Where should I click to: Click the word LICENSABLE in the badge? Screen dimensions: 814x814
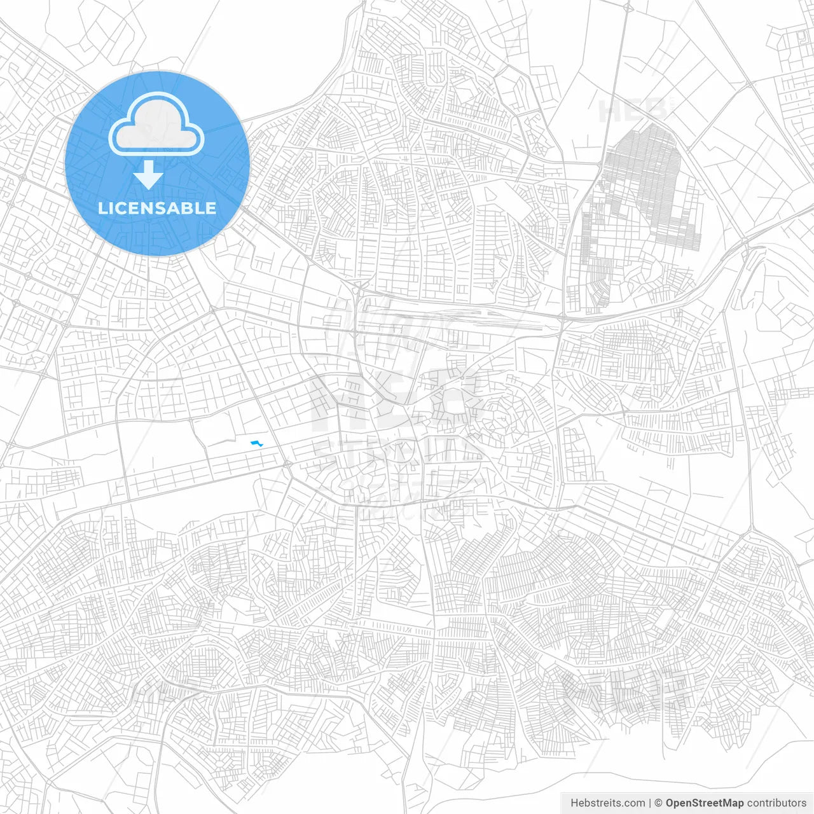pos(157,209)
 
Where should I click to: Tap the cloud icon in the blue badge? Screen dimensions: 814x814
pos(156,124)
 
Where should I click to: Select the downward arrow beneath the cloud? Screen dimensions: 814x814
pos(149,175)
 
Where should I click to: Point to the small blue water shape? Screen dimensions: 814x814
pos(257,443)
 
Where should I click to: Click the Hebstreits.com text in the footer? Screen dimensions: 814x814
pos(607,803)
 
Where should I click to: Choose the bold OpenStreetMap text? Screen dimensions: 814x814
pos(704,803)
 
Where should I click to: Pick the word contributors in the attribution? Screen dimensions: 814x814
pos(776,803)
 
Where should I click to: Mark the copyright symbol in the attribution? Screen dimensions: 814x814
pos(659,803)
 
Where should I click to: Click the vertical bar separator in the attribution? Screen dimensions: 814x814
pos(650,803)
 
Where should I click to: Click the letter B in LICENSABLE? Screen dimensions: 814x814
pos(190,209)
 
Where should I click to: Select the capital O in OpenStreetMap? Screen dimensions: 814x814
pos(670,803)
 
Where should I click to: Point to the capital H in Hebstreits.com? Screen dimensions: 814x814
pos(574,803)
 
